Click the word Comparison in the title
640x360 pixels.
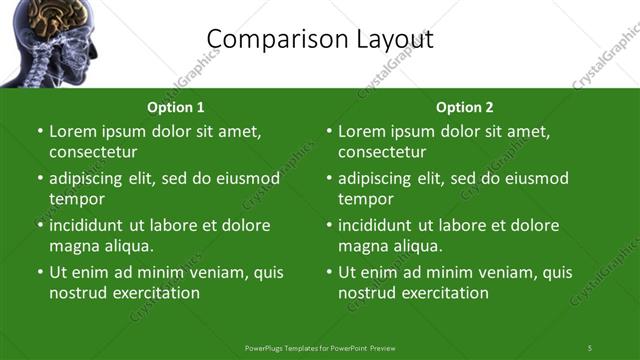tap(268, 39)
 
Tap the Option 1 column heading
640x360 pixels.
tap(176, 107)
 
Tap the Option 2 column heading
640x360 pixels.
tap(465, 107)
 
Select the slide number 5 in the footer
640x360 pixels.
tap(590, 347)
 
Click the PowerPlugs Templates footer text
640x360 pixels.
tap(320, 347)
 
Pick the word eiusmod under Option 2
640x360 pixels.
tap(536, 178)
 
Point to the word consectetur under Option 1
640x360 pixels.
tap(93, 152)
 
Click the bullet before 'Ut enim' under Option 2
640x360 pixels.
tap(330, 272)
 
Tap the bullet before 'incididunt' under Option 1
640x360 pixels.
tap(41, 225)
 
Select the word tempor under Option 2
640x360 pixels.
tap(364, 199)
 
